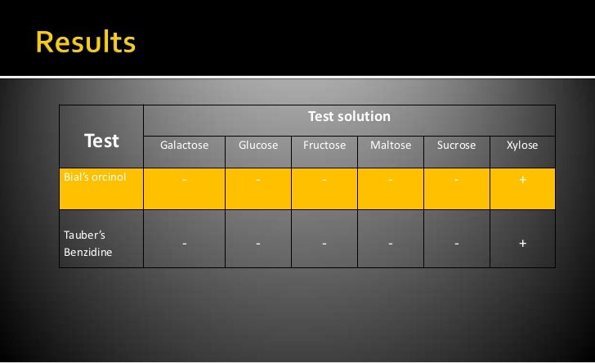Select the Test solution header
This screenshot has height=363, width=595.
coord(349,117)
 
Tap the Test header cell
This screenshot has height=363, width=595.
coord(101,141)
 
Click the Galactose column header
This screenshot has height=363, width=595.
coord(184,146)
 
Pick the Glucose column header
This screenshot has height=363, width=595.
coord(257,146)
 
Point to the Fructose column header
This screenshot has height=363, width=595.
coord(324,146)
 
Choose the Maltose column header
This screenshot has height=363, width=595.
coord(391,146)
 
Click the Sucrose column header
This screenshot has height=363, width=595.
coord(456,146)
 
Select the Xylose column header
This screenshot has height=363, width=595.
coord(522,146)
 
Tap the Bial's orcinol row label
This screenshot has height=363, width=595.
coord(95,176)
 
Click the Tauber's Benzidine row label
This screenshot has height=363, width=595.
coord(89,243)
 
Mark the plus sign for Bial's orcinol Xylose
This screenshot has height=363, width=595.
coord(522,180)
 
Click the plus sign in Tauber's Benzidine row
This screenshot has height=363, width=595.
coord(522,243)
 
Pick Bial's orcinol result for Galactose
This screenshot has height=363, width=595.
coord(184,181)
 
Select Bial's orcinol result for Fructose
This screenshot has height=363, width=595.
coord(324,181)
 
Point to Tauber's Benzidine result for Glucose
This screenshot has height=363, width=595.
coord(257,244)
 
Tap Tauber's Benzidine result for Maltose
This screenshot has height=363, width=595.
coord(391,244)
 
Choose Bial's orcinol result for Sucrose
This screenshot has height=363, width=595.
coord(456,181)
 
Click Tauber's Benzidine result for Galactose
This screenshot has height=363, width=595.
coord(184,244)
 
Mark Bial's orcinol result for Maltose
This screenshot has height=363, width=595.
coord(391,181)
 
